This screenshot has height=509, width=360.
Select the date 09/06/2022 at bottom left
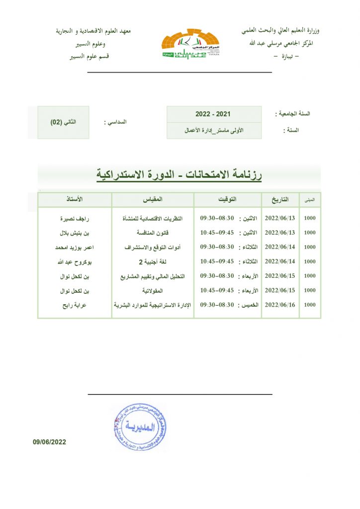[x=50, y=441]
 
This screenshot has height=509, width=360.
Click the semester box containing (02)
[x=63, y=122]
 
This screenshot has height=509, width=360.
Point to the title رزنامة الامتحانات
[x=179, y=175]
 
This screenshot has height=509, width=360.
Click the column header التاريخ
[x=279, y=199]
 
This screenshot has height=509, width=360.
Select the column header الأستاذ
[x=75, y=199]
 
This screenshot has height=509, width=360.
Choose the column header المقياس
[x=152, y=199]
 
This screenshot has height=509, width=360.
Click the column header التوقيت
[x=228, y=199]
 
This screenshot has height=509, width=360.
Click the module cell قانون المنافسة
[x=153, y=233]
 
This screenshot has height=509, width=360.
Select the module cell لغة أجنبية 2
[x=153, y=261]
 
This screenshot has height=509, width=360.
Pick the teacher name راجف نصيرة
[x=75, y=218]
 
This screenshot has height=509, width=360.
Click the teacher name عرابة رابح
[x=75, y=305]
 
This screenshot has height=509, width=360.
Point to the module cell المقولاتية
[x=153, y=290]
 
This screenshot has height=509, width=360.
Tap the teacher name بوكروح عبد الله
[x=75, y=261]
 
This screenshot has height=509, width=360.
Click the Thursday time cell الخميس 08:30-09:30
[x=228, y=305]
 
